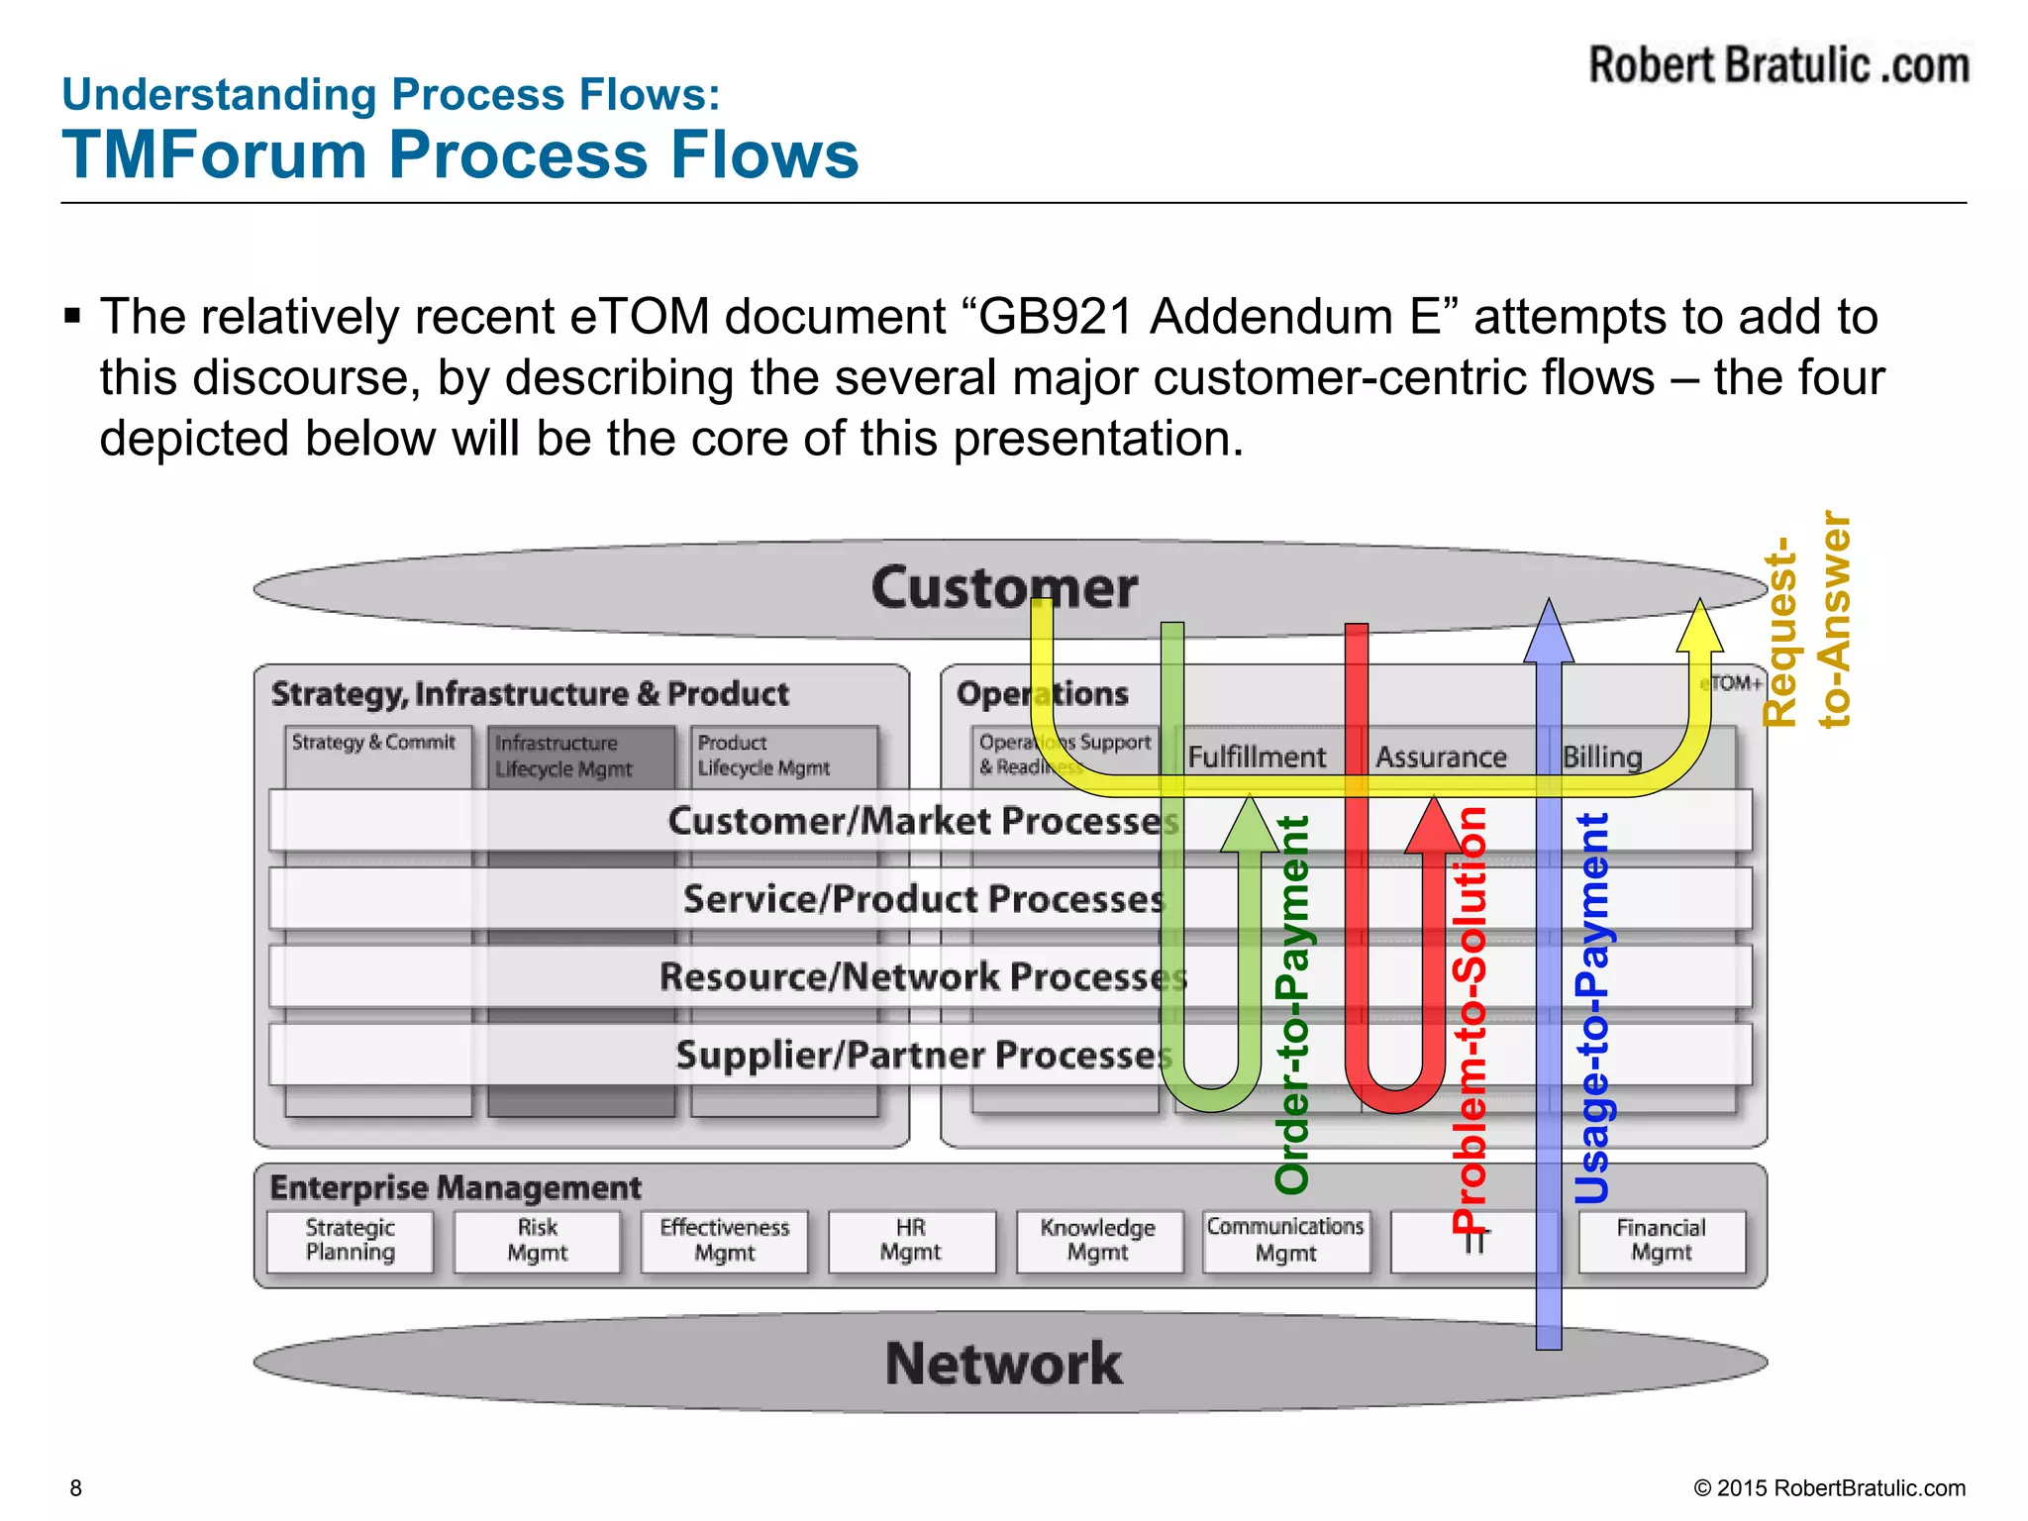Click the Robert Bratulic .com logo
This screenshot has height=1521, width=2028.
1778,65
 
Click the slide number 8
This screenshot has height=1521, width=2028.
76,1487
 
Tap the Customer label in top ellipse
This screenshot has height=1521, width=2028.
1004,587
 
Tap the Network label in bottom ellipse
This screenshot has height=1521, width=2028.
1004,1364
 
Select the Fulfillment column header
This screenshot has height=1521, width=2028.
1256,758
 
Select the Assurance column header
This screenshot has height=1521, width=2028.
1441,758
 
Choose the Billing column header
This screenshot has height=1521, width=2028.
1602,758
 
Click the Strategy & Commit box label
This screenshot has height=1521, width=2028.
373,743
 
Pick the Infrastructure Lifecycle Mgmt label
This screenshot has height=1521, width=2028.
562,756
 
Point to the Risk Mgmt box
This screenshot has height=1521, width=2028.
538,1241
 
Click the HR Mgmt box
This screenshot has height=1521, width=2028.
911,1241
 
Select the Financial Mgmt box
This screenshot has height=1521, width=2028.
1661,1241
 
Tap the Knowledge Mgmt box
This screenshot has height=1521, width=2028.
1097,1241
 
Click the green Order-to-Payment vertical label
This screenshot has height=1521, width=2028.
1292,1005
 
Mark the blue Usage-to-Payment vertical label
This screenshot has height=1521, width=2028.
1592,1008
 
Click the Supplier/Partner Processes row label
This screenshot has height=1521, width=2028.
923,1056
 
